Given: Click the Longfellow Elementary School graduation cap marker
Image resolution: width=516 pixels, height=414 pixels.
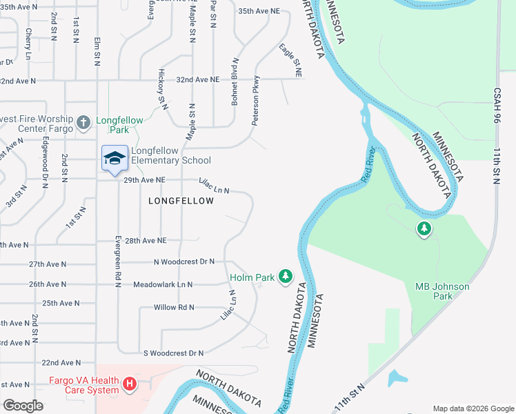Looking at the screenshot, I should (x=115, y=159).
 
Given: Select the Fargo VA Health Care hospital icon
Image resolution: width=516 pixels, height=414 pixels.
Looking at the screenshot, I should (x=129, y=384).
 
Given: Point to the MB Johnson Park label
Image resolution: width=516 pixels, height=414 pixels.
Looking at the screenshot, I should (x=442, y=291).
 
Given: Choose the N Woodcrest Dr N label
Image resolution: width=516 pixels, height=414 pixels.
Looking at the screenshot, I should (x=184, y=262).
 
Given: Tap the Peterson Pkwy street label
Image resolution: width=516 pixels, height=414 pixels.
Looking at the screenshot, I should (x=255, y=100).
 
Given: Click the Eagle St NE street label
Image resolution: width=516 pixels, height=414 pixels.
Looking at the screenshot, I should (x=290, y=60).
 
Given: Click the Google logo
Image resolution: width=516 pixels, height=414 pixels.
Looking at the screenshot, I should (x=23, y=405).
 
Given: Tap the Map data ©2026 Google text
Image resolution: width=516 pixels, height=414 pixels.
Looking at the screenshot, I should (x=472, y=408).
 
